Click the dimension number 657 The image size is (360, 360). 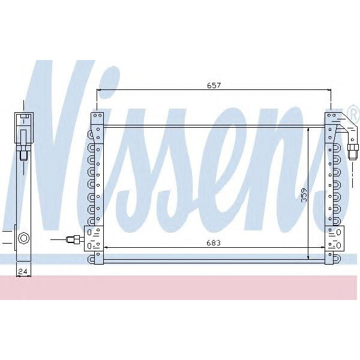(215, 85)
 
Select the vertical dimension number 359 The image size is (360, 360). (304, 196)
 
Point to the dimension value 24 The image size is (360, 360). (23, 272)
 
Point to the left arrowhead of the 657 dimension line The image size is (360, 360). (99, 91)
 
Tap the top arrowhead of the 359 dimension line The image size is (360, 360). (308, 129)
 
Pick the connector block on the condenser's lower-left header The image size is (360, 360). (92, 238)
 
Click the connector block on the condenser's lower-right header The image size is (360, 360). (334, 238)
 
